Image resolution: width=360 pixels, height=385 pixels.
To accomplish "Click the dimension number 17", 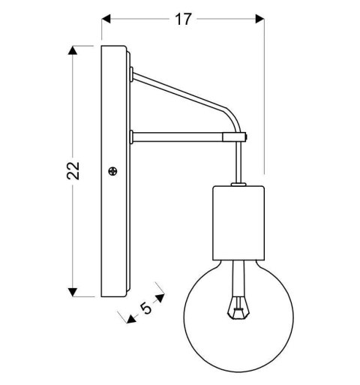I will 183,20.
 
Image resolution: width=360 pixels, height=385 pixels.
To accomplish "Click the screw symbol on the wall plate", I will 113,172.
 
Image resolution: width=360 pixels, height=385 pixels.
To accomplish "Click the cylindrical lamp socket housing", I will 239,223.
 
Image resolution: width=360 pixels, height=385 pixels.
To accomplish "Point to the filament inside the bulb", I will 239,304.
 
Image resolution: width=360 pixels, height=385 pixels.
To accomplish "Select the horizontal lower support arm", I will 180,137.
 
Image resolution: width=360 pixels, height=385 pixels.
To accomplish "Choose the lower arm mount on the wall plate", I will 131,137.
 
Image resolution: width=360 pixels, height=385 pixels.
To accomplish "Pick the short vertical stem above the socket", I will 239,161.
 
